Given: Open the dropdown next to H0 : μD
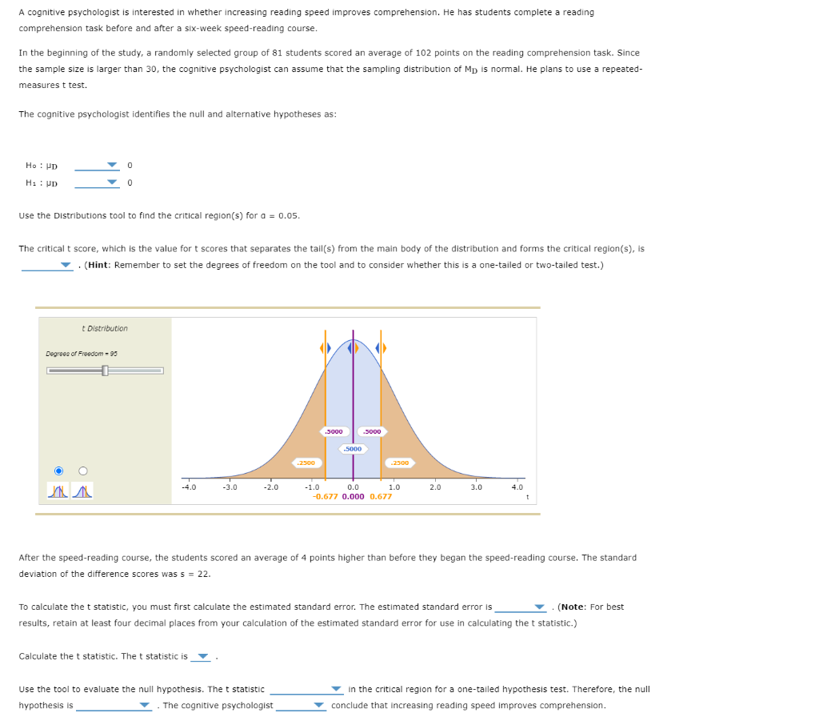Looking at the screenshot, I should coord(112,166).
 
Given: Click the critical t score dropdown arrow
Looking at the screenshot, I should coord(66,266).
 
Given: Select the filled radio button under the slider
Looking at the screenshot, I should coord(58,471).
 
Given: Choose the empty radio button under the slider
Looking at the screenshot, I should coord(82,471).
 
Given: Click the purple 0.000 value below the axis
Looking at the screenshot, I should coord(353,496).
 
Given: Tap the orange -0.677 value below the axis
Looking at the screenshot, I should coord(324,496).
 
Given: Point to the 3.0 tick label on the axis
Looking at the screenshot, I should coord(477,487).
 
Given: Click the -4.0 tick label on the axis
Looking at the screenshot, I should coord(189,487).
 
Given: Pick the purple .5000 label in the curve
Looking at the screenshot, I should coord(353,449).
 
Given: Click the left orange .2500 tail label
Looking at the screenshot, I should coord(307,463).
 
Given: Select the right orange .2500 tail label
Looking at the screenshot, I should coord(399,463).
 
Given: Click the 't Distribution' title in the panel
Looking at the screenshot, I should coord(105,328).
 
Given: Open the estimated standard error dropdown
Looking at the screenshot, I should coord(540,607).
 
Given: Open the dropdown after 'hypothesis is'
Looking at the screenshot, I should coord(144,706).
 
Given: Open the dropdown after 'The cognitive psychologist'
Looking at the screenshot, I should coord(319,706).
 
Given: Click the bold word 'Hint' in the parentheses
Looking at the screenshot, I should coord(100,265).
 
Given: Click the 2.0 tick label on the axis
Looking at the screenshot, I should coord(435,487).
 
